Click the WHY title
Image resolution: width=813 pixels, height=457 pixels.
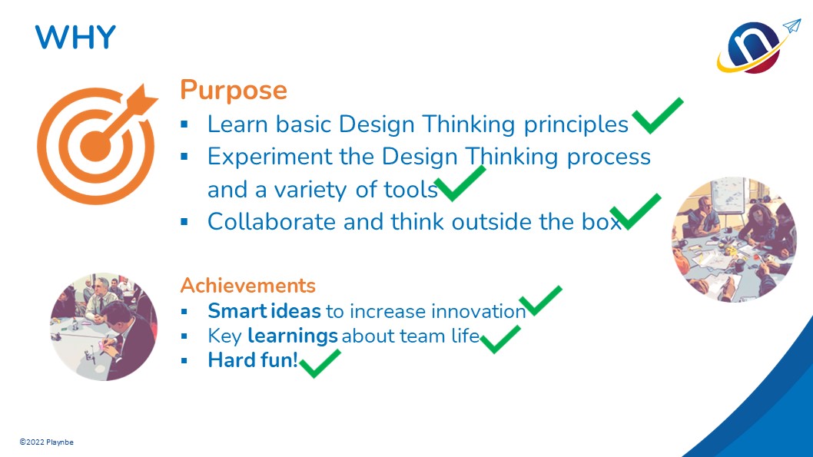coord(75,38)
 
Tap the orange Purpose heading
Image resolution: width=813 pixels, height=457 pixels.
coord(234,91)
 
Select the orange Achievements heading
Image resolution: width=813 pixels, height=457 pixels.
coord(248,286)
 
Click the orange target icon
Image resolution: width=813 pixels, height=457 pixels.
coord(97,144)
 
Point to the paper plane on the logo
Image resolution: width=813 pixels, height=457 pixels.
coord(791,26)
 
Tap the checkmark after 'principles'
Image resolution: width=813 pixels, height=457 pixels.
coord(658,115)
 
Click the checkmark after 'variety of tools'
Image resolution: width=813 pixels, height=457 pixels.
coord(460,184)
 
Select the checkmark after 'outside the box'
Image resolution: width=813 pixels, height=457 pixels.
coord(635,211)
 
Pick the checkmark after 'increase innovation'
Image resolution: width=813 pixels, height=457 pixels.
coord(540,300)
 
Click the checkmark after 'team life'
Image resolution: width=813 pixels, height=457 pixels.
coord(499,339)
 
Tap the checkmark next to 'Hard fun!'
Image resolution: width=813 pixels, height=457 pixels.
coord(320,364)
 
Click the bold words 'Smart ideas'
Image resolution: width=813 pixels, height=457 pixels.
coord(264,311)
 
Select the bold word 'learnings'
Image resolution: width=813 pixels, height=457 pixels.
coord(293,336)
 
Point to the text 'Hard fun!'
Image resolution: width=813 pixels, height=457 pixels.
coord(253,360)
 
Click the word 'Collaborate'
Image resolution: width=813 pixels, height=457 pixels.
coord(272,222)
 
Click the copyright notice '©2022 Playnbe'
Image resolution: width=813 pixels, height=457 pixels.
coord(47,442)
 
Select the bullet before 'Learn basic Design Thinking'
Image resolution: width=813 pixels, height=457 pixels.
coord(184,124)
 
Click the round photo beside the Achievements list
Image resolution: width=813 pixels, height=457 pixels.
coord(104,327)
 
